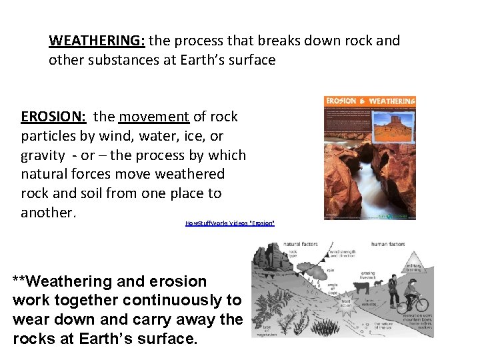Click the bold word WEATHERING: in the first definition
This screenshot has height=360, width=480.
[x=96, y=41]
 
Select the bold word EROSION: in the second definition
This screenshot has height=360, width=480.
[x=53, y=117]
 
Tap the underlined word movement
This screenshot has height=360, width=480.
[x=154, y=117]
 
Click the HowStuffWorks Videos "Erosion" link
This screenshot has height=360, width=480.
[x=229, y=223]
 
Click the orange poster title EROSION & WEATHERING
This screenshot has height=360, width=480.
[x=370, y=101]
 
